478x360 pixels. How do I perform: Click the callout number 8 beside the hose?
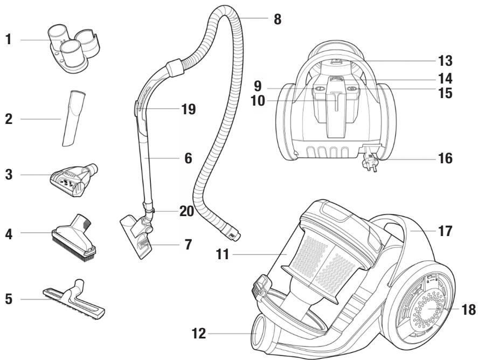click(277, 18)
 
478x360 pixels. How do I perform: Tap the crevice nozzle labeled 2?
click(74, 118)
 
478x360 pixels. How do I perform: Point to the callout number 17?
click(445, 232)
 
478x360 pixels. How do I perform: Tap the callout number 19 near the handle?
click(188, 109)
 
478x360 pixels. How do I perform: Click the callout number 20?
click(186, 211)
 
